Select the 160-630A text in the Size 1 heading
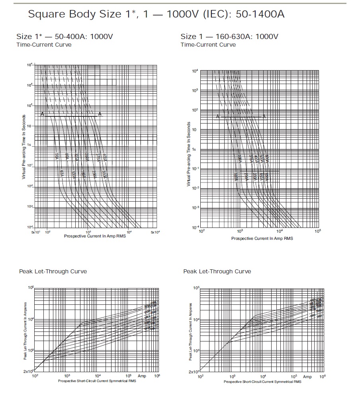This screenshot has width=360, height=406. pyautogui.click(x=231, y=37)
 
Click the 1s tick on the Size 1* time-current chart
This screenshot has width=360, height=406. pyautogui.click(x=29, y=146)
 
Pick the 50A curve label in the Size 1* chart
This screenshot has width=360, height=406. pyautogui.click(x=57, y=157)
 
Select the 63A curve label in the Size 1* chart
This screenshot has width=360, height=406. pyautogui.click(x=62, y=174)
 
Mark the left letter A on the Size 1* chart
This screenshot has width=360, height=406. pyautogui.click(x=42, y=114)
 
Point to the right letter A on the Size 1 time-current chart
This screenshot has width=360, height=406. pyautogui.click(x=264, y=116)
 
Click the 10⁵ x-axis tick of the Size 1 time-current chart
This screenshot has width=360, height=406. pyautogui.click(x=317, y=231)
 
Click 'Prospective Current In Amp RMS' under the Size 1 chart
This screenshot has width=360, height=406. pyautogui.click(x=262, y=238)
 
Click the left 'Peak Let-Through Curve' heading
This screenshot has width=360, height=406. pyautogui.click(x=53, y=271)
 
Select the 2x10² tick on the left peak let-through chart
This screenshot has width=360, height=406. pyautogui.click(x=28, y=371)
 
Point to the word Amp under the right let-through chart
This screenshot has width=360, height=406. pyautogui.click(x=307, y=377)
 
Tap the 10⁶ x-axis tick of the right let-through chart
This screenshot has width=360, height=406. pyautogui.click(x=322, y=376)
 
